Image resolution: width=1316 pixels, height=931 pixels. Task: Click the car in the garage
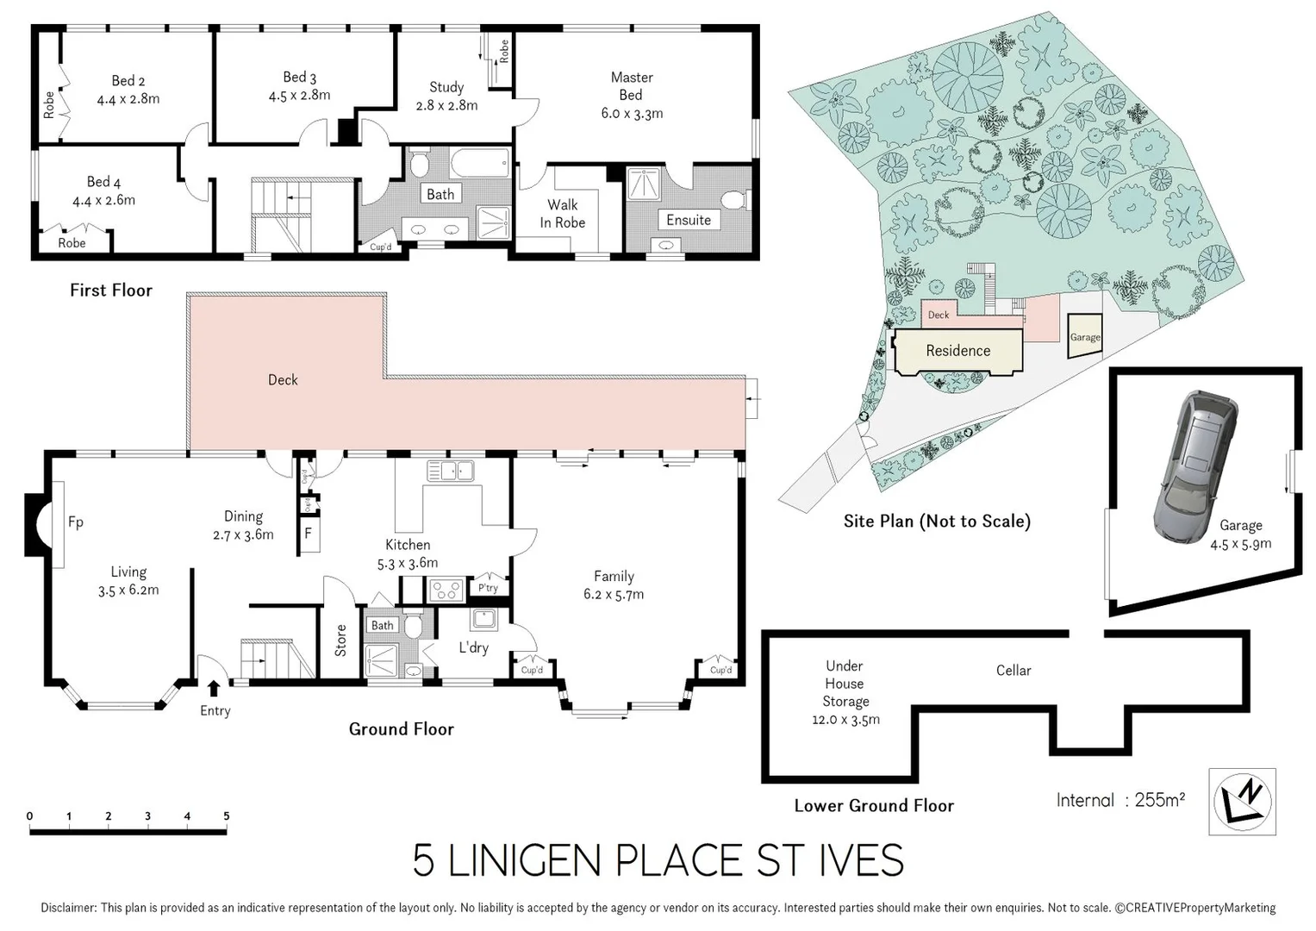[1195, 467]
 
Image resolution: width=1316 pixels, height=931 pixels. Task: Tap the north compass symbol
[1242, 802]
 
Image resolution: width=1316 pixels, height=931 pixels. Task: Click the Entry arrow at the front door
[214, 687]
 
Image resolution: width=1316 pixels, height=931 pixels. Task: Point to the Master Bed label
[631, 86]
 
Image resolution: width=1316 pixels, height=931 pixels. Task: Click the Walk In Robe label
[562, 214]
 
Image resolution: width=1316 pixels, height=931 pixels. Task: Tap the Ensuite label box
[688, 220]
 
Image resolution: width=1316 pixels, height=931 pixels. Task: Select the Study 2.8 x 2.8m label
[446, 96]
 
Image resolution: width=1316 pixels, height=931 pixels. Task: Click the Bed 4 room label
[103, 182]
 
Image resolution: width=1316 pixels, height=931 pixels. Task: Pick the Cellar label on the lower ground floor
[1013, 670]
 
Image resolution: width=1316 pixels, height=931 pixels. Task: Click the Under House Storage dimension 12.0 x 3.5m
[845, 720]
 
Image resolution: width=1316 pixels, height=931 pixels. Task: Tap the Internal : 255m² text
[1120, 800]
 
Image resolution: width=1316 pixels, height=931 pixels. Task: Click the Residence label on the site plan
[957, 351]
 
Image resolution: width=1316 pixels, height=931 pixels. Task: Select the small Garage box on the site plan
[1084, 337]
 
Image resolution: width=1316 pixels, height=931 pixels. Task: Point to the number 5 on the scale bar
[227, 815]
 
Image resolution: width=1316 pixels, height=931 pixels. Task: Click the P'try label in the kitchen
[488, 588]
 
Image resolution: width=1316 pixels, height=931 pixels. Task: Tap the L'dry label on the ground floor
[473, 647]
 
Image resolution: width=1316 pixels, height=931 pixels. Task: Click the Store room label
[340, 640]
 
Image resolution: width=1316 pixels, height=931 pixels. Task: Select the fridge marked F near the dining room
[308, 534]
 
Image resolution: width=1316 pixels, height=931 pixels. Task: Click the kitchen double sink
[451, 471]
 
